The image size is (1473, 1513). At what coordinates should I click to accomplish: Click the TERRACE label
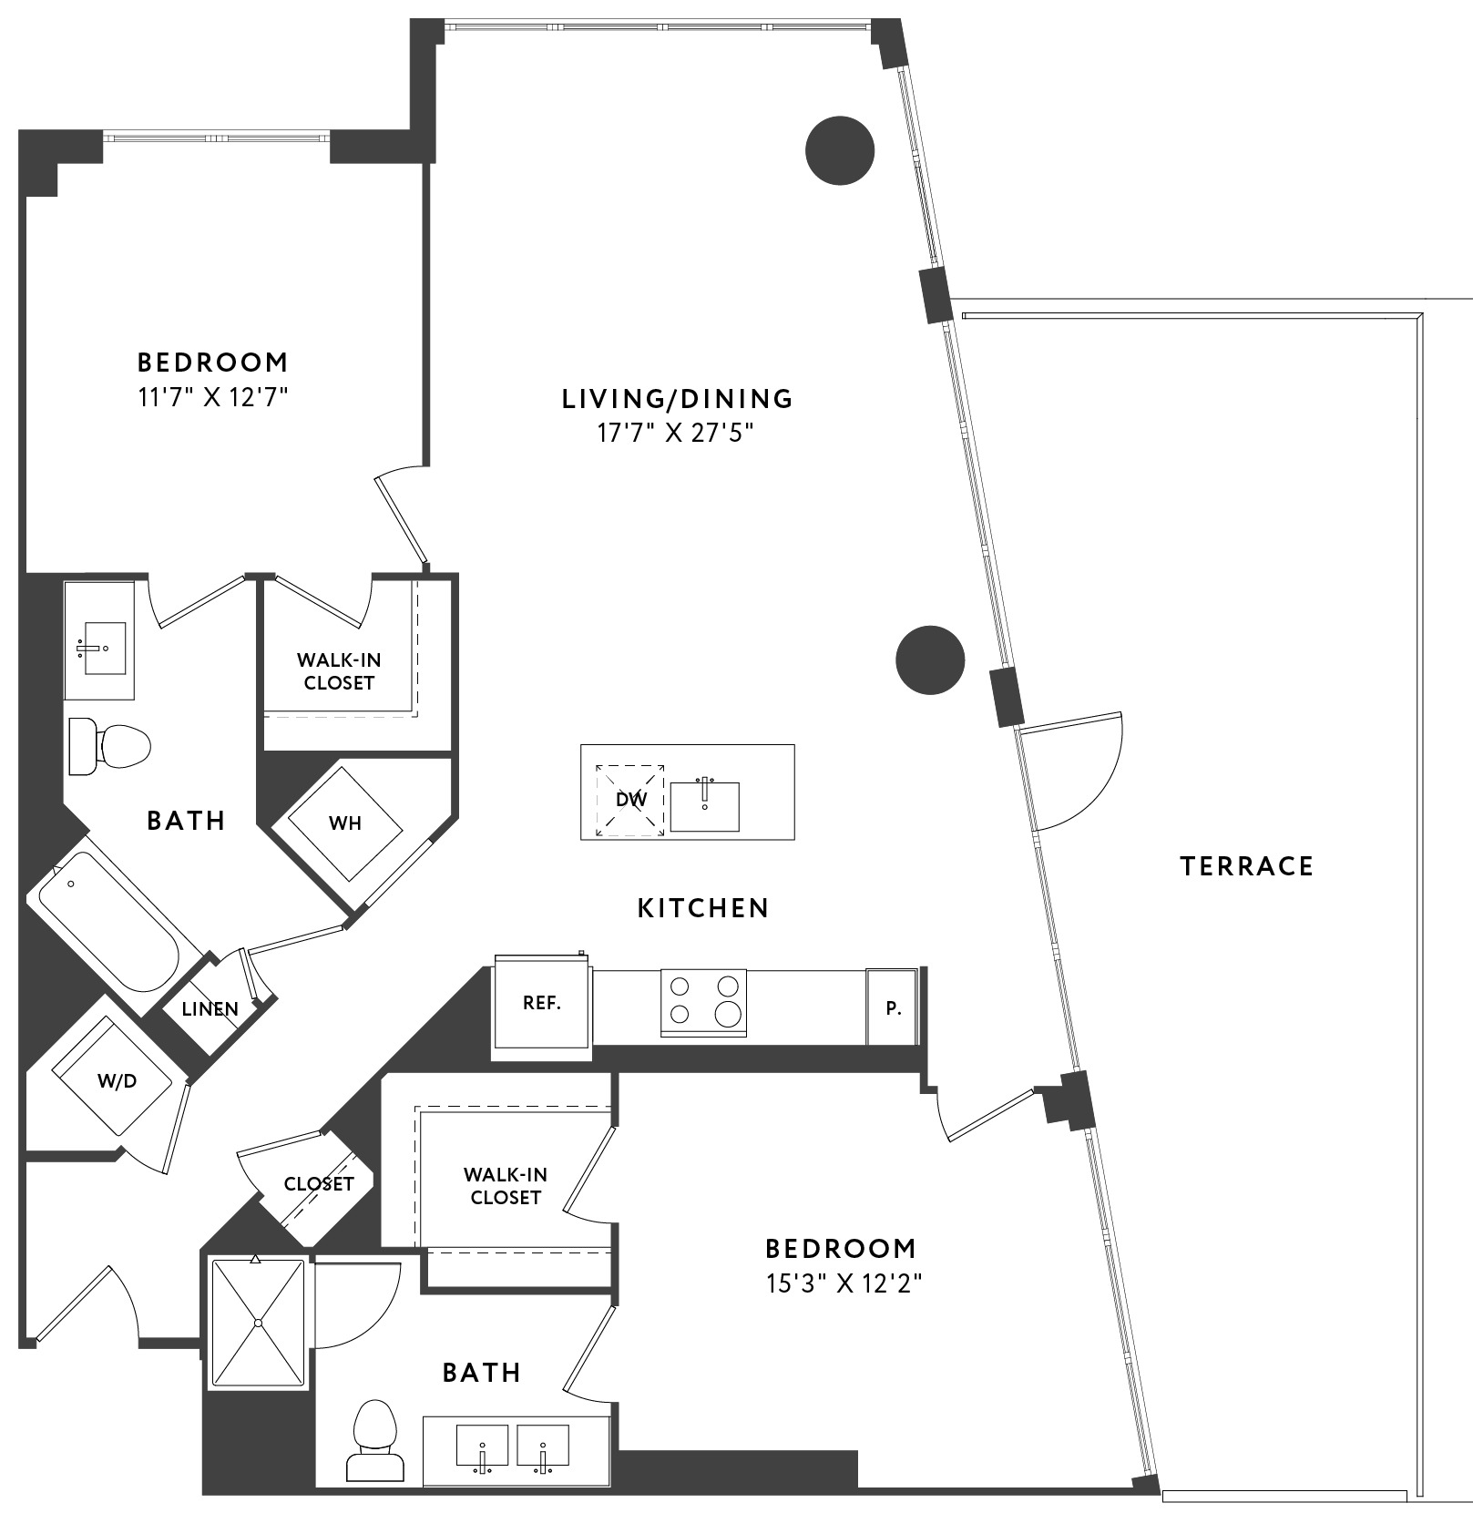click(x=1246, y=865)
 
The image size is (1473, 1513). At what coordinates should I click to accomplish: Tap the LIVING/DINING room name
click(x=678, y=398)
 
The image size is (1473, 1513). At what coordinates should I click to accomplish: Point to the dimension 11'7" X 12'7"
click(x=213, y=398)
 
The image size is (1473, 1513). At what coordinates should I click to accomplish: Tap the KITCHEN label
click(x=703, y=907)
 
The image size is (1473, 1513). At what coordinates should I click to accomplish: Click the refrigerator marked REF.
click(x=542, y=1006)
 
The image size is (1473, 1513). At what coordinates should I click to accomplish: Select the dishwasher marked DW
click(x=630, y=800)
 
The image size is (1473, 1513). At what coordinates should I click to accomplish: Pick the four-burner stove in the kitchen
click(x=703, y=1002)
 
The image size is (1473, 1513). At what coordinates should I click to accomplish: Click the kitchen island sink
click(x=704, y=805)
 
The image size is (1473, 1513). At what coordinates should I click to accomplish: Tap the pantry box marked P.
click(x=893, y=1007)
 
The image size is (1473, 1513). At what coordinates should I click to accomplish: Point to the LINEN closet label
click(x=210, y=1009)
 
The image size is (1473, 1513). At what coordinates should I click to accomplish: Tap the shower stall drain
click(x=258, y=1322)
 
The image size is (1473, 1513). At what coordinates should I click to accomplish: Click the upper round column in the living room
click(x=840, y=151)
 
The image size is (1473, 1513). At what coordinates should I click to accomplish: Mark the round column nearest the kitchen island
click(x=930, y=659)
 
